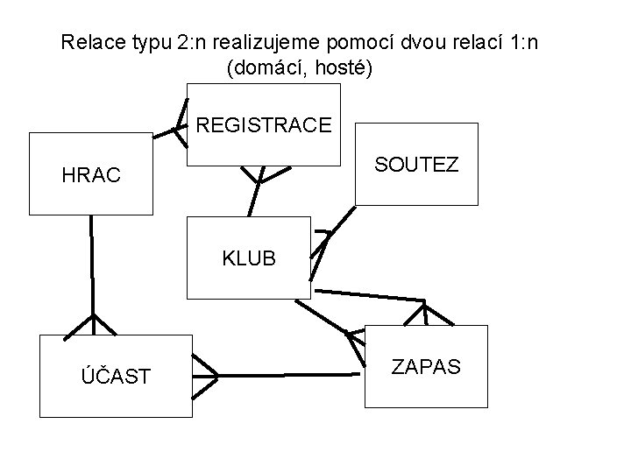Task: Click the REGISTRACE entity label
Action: (x=264, y=125)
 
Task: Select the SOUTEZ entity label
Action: (x=416, y=164)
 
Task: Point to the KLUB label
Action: (x=249, y=258)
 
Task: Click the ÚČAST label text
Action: (x=115, y=376)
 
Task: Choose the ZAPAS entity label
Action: (x=425, y=365)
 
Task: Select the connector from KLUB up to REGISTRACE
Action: (x=253, y=197)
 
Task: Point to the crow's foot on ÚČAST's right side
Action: (x=205, y=375)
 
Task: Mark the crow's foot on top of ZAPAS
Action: (x=425, y=313)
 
